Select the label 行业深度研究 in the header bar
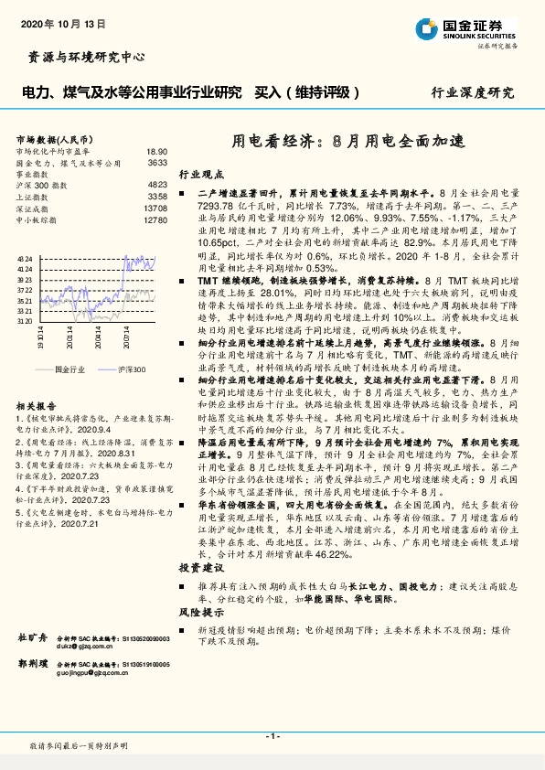click(x=473, y=92)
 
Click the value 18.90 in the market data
click(x=156, y=151)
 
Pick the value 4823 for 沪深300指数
click(x=158, y=185)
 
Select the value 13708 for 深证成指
click(x=156, y=209)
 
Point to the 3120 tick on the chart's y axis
click(x=25, y=321)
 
